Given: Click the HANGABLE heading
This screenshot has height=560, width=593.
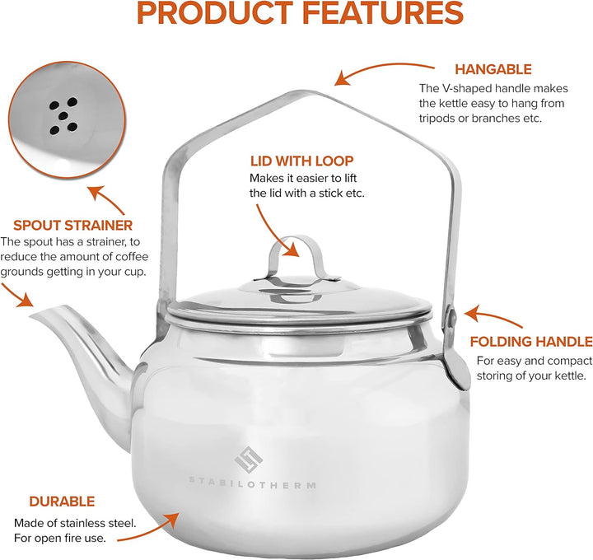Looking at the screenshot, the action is (x=493, y=69).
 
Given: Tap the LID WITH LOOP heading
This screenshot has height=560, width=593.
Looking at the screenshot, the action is (x=301, y=161).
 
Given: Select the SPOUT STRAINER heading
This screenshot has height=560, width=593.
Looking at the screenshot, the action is (x=73, y=226).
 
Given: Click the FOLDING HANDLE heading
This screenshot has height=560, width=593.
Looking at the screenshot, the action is (x=531, y=342).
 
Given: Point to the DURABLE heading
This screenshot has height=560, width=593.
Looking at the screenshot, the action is (x=62, y=502).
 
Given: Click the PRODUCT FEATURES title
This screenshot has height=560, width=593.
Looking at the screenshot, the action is (x=301, y=13).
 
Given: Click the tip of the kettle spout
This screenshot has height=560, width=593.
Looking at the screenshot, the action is (x=32, y=315).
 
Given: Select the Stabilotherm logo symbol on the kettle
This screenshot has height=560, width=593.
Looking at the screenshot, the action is (x=249, y=459).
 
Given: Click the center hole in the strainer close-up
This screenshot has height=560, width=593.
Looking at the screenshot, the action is (x=63, y=115).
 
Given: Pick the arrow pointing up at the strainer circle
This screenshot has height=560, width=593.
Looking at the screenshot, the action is (x=108, y=198).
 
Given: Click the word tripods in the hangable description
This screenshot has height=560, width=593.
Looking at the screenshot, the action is (x=437, y=119).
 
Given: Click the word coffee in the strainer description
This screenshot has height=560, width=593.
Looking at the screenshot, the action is (x=132, y=257).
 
